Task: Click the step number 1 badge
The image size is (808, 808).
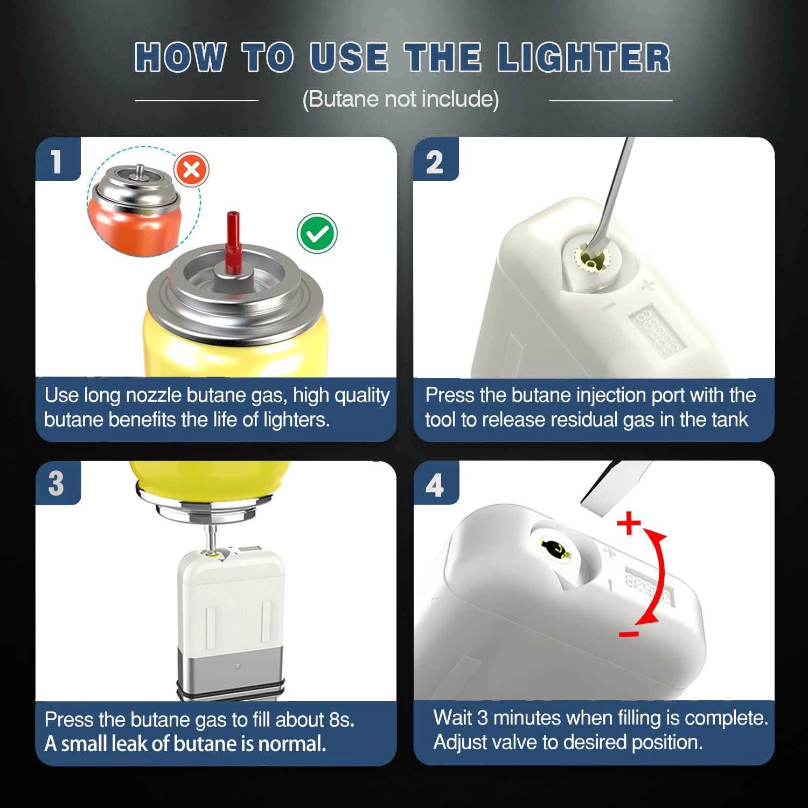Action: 57,161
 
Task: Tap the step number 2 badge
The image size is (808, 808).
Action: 435,161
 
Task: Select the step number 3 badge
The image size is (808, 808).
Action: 57,483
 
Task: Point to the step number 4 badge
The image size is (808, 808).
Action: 435,484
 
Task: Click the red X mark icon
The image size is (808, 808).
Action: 191,170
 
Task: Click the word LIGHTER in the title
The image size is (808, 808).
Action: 583,58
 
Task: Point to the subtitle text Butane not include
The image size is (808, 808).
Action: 401,100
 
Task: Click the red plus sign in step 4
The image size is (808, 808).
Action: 629,523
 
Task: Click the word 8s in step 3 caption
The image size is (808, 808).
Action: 340,720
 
